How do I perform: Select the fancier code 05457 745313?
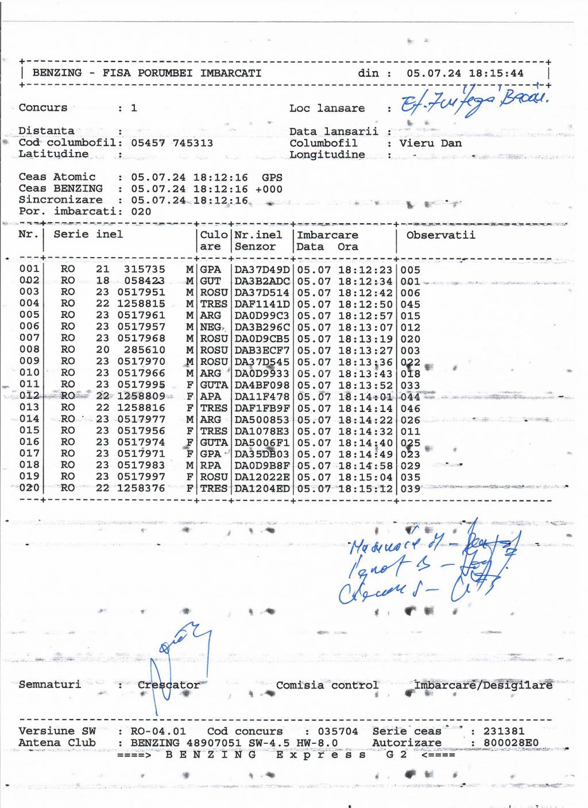[172, 143]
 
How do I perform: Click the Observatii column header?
[440, 235]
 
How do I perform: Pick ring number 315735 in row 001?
[144, 269]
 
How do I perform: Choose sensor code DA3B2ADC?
[262, 281]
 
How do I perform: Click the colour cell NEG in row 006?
[210, 327]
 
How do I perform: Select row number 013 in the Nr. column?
[29, 408]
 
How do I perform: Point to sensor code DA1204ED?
[262, 489]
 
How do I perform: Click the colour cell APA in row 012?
[210, 397]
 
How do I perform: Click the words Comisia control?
[327, 685]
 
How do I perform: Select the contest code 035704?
[338, 732]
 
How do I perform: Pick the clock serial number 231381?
[504, 732]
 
